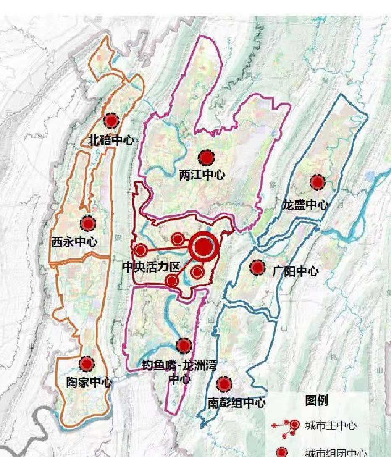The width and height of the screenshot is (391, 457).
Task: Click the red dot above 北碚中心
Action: [111, 121]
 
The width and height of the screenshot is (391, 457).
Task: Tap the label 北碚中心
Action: [111, 140]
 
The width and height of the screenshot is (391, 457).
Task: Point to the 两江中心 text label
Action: [202, 175]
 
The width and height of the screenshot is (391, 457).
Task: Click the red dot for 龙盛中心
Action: [317, 182]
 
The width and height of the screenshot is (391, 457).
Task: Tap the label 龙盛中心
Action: [305, 205]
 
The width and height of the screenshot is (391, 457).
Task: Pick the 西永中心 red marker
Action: [88, 223]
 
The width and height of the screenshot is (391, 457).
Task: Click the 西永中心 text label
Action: [74, 242]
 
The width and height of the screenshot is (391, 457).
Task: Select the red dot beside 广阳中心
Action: [257, 268]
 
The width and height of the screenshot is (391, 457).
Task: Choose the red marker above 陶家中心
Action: [87, 364]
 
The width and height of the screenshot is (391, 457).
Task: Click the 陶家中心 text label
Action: [89, 382]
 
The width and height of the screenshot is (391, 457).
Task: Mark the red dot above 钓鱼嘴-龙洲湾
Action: [184, 345]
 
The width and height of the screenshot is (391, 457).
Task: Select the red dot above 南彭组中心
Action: [224, 383]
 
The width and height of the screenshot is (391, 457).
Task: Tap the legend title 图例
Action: [317, 401]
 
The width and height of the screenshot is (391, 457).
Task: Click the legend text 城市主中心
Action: [331, 425]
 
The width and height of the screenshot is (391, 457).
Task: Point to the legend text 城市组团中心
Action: [336, 453]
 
